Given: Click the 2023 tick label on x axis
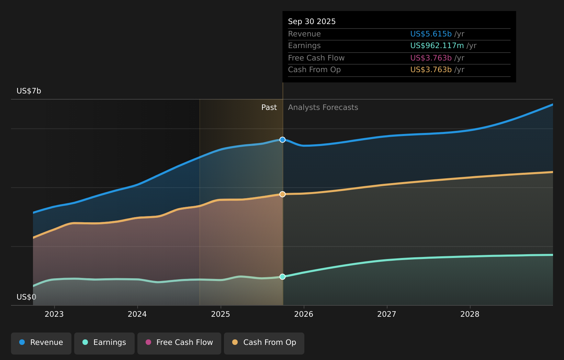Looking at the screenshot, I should [54, 314].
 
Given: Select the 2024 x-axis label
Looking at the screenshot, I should [137, 314].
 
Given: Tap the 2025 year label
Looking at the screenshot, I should [221, 314].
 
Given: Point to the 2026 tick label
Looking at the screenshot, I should [304, 314].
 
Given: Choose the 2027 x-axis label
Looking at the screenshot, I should [387, 314].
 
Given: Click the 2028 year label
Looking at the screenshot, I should [470, 314].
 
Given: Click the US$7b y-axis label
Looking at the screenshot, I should [29, 91].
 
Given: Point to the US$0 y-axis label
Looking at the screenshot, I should [26, 297].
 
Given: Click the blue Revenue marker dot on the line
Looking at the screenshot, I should [282, 140].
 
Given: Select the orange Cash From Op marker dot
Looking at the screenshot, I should [282, 194].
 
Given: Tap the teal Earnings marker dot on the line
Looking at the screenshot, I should [282, 277].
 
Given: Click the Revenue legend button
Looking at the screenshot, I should [41, 342].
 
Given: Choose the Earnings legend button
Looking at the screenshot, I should [104, 342].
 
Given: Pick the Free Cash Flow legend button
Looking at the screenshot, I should [179, 342].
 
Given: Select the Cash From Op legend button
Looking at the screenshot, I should [264, 342].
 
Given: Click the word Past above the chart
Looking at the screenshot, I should [269, 108].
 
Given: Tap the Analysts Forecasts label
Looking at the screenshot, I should [323, 108].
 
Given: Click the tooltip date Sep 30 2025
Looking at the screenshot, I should [312, 22].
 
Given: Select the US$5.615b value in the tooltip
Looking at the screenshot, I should [431, 34].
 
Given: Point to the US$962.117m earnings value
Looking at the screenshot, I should [437, 46].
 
